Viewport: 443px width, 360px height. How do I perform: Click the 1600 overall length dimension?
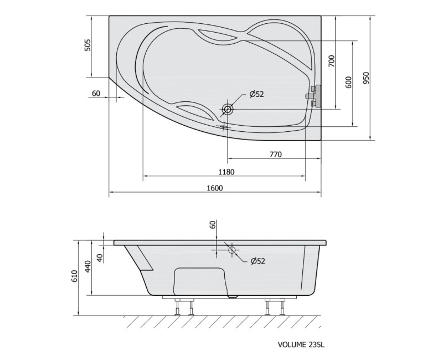pos(215,188)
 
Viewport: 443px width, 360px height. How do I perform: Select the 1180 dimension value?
pos(226,172)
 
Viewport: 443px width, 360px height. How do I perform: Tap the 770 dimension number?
pos(275,155)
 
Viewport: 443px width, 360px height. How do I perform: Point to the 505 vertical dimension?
pos(88,45)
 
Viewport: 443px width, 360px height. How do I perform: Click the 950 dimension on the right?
pos(366,78)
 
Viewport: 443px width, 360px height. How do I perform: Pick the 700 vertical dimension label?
pos(332,61)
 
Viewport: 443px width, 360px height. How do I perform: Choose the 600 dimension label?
pos(349,82)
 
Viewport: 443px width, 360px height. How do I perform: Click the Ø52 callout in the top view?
pos(256,94)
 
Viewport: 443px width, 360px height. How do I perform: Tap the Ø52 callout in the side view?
pos(258,261)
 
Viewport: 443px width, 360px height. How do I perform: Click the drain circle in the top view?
pos(228,109)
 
